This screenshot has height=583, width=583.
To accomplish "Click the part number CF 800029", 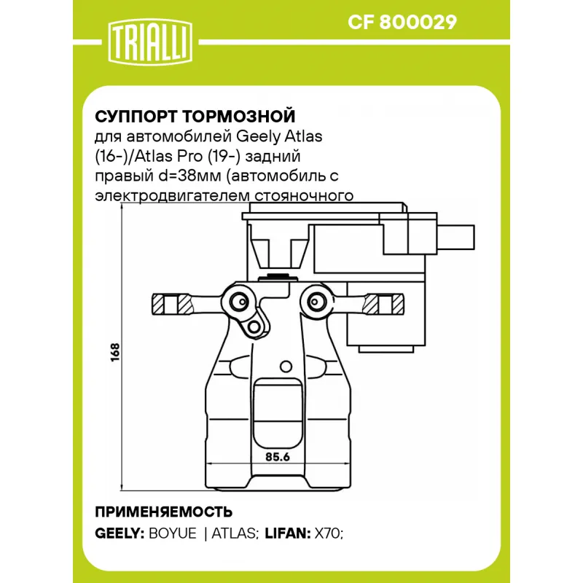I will (x=402, y=23).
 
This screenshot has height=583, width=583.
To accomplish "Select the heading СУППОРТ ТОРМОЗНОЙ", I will (x=195, y=117).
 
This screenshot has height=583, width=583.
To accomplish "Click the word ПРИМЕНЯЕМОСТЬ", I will (x=164, y=510).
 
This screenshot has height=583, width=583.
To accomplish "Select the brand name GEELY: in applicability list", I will (x=120, y=533).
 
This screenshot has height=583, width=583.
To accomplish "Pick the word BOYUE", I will (x=172, y=533).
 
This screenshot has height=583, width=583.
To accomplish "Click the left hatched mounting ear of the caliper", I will (x=167, y=301).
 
